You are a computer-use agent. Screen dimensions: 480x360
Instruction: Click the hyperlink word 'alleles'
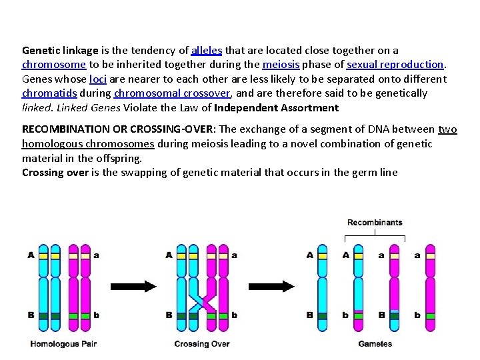point(207,51)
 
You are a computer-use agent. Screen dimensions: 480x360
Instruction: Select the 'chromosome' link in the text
point(54,65)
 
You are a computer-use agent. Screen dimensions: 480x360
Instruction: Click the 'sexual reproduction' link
point(395,65)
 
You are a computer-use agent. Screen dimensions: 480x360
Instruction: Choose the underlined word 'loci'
point(97,79)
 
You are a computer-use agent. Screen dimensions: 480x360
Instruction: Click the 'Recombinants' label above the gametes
point(375,222)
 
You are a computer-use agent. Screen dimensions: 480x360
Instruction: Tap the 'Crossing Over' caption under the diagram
point(201,344)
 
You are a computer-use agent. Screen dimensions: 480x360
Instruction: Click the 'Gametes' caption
point(375,344)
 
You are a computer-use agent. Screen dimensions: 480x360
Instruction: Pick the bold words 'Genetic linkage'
point(60,51)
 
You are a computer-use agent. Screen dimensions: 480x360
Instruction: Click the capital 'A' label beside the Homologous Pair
point(31,255)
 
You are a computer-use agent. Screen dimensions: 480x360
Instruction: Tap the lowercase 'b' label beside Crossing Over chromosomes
point(234,315)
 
